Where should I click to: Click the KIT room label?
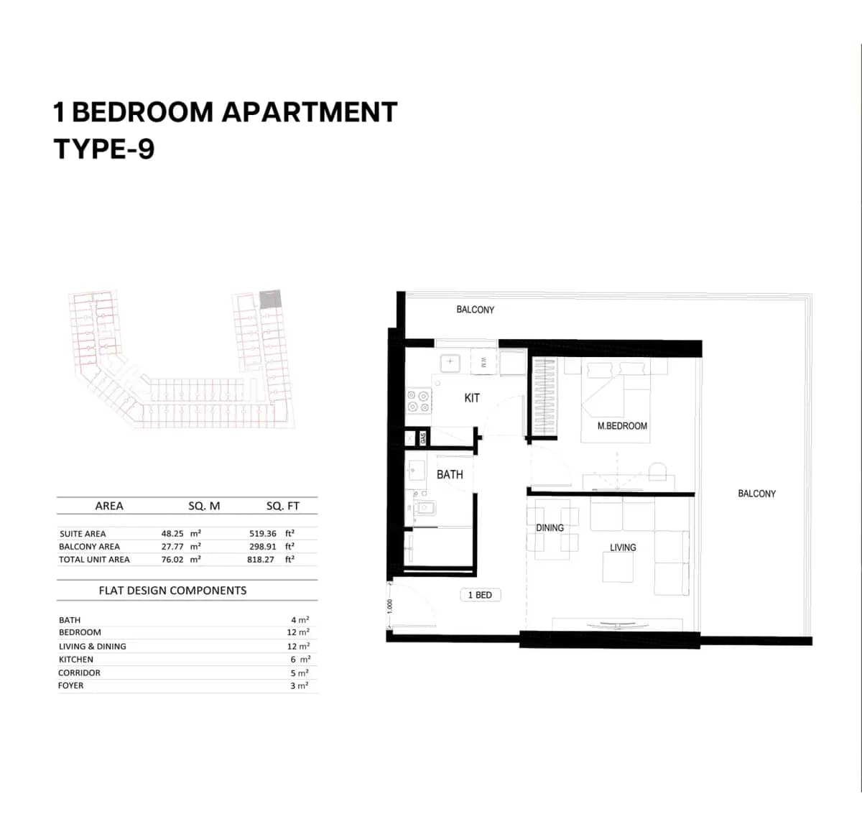472,398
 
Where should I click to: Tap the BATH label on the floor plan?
450,475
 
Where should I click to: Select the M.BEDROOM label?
622,426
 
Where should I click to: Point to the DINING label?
550,528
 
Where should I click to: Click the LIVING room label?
623,547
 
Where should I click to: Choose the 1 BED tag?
480,595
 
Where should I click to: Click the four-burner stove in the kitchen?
419,401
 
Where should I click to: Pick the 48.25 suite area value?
172,534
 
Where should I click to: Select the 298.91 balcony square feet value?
263,547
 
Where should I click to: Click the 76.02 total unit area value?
172,560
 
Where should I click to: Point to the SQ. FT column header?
282,506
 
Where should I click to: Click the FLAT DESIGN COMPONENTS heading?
172,591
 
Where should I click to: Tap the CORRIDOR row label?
79,673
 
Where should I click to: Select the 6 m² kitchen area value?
300,660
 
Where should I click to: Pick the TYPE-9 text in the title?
104,149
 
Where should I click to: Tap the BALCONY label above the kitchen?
475,310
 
